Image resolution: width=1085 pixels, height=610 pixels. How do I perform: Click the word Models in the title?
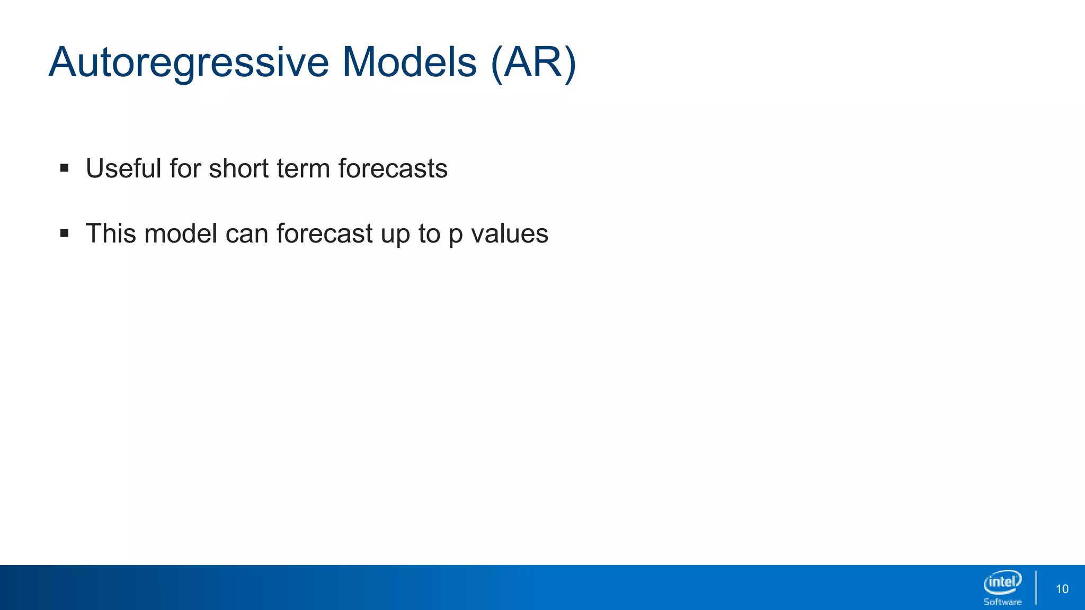click(x=409, y=62)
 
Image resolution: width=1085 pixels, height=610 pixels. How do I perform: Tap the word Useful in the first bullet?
click(x=123, y=168)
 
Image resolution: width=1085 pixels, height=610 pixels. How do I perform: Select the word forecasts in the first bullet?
click(x=393, y=168)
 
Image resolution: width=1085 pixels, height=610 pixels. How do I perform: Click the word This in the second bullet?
click(x=111, y=234)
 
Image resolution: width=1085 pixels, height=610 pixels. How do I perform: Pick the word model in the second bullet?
click(x=181, y=234)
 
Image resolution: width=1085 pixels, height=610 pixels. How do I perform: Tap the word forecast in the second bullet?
click(x=324, y=234)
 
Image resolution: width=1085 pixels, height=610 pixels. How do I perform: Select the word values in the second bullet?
click(x=510, y=234)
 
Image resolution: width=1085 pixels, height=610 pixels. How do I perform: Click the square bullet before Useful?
click(x=65, y=168)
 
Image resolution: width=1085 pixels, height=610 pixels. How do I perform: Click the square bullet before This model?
click(x=65, y=233)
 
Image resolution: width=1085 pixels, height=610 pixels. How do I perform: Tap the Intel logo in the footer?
click(x=1002, y=582)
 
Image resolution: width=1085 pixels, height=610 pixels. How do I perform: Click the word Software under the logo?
click(x=1002, y=602)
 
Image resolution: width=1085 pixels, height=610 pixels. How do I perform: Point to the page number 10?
click(x=1062, y=589)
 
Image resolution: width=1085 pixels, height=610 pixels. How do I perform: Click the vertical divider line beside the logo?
click(x=1036, y=587)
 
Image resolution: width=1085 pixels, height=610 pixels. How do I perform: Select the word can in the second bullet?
click(x=246, y=234)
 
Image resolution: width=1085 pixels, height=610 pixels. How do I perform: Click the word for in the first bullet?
click(x=185, y=168)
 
